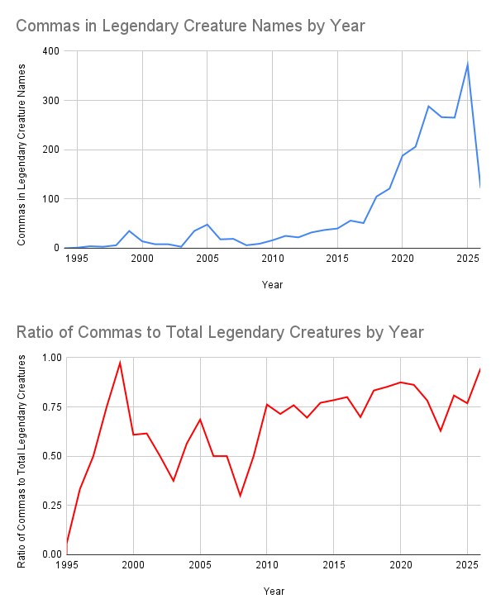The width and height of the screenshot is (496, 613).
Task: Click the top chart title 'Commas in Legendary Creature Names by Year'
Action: (x=190, y=26)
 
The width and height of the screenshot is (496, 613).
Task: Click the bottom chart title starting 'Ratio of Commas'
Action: (x=220, y=333)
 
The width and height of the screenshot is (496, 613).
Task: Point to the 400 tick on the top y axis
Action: (x=50, y=51)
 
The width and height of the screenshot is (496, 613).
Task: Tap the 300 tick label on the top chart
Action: (x=50, y=101)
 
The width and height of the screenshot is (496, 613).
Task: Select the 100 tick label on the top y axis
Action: (x=50, y=199)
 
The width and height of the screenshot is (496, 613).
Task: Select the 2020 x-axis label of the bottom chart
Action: (x=400, y=566)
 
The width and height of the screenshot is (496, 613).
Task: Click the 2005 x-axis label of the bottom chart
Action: (x=199, y=566)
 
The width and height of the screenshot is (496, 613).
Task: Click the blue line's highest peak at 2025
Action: (x=467, y=64)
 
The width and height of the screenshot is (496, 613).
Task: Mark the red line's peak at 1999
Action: (x=120, y=363)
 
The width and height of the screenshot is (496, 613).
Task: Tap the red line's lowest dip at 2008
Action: (x=240, y=496)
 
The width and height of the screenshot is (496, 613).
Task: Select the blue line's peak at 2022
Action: (x=428, y=106)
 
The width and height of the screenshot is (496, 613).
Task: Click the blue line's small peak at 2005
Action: (x=207, y=224)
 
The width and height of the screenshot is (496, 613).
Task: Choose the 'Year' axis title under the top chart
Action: (x=272, y=284)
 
